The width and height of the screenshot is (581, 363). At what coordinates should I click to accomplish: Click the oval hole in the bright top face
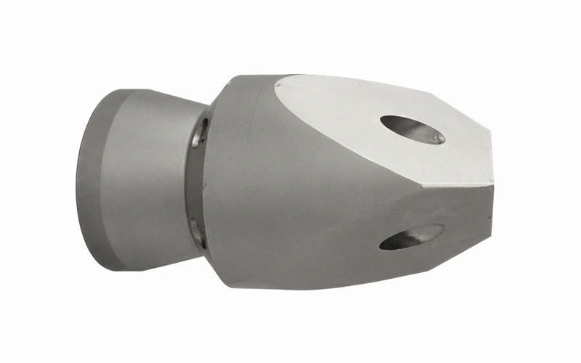click(412, 129)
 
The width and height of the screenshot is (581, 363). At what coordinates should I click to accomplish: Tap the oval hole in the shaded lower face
click(411, 237)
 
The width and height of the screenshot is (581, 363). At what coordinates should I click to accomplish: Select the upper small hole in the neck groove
click(200, 133)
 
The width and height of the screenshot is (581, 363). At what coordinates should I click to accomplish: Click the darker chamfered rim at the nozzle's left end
click(91, 181)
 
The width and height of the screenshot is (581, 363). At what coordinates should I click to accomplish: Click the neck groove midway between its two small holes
click(196, 181)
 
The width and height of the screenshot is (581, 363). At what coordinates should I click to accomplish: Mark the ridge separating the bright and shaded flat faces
click(407, 183)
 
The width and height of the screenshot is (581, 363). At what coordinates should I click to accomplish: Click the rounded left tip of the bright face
click(279, 87)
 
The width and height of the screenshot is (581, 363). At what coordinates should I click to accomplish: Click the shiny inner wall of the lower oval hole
click(421, 234)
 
